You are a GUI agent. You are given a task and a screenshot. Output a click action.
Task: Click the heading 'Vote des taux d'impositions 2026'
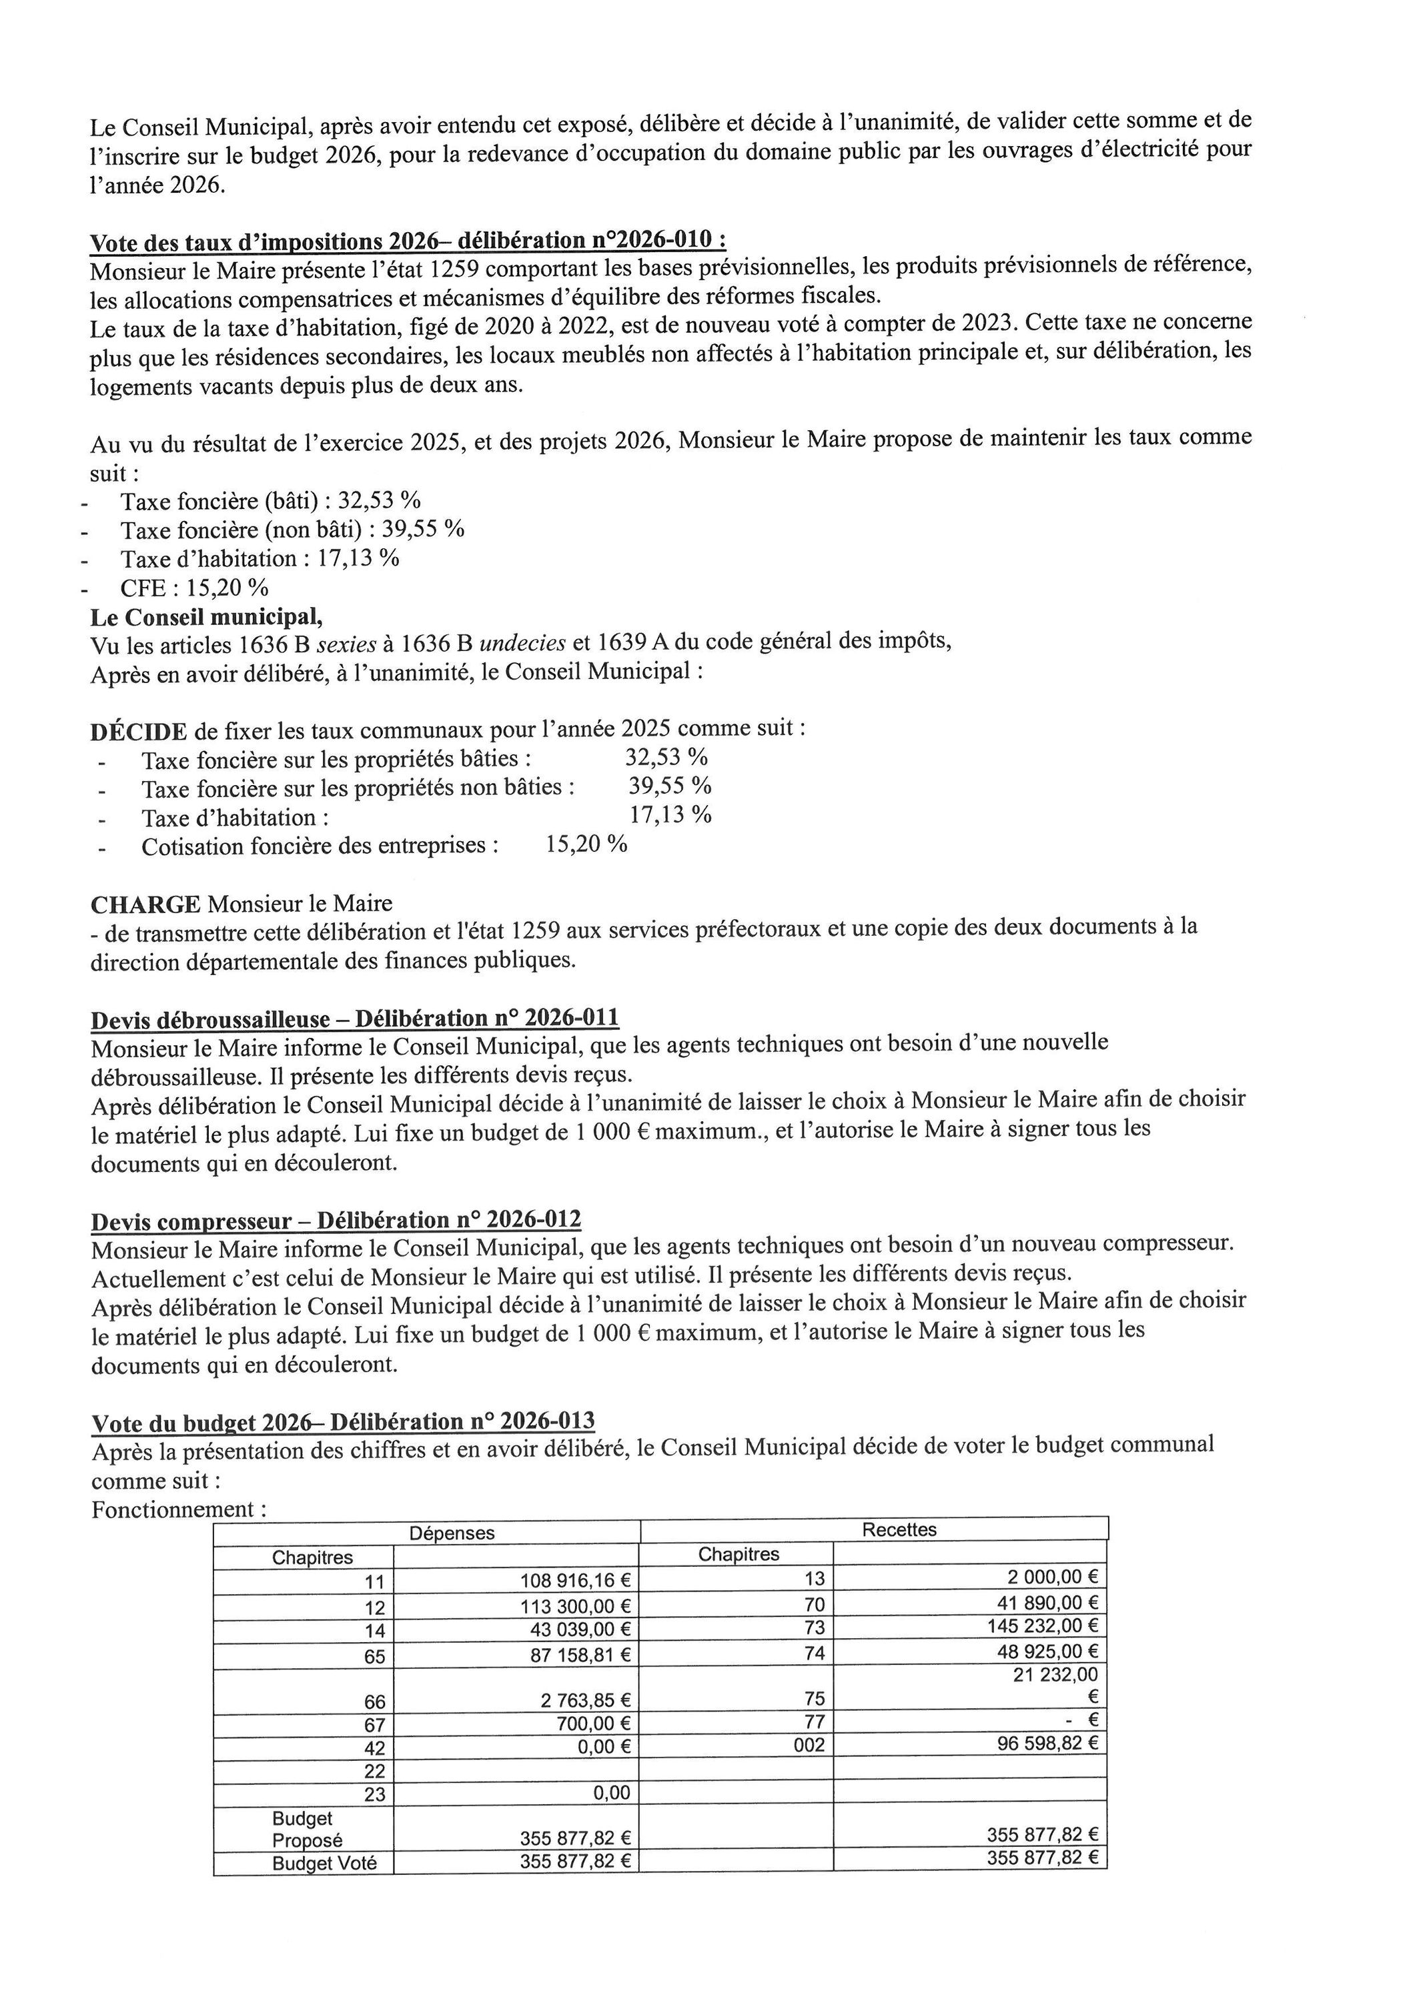tap(407, 241)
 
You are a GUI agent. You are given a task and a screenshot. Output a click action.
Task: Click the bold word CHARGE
tap(145, 904)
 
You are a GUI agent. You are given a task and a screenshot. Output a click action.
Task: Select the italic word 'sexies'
tap(346, 645)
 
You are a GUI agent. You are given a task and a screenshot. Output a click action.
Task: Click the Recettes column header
tap(899, 1529)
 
